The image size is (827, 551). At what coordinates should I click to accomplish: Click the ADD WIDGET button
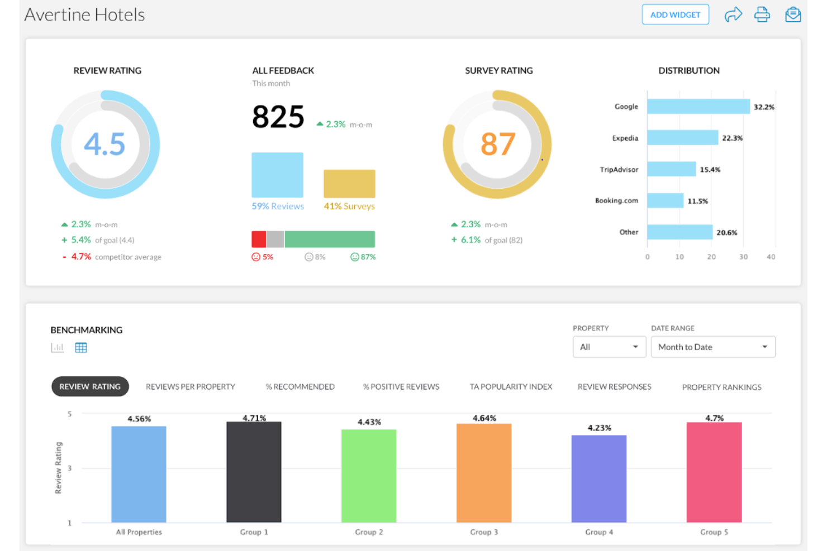tap(675, 15)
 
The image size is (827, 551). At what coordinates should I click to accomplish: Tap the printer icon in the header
tap(762, 15)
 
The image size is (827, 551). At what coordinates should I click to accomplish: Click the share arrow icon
tap(733, 15)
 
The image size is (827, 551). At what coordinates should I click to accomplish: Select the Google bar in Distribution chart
tap(698, 107)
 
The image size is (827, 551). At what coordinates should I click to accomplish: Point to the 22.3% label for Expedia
tap(732, 138)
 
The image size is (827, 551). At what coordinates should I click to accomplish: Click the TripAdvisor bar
tap(671, 169)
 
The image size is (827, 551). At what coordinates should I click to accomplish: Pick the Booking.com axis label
tap(616, 200)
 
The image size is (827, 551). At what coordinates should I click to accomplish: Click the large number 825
tap(278, 117)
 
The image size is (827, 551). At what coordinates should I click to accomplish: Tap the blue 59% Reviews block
tap(277, 175)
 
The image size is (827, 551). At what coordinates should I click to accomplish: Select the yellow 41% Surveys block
tap(349, 184)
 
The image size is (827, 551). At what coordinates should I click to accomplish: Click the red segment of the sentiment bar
tap(259, 239)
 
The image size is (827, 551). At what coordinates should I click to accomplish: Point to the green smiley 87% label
tap(363, 257)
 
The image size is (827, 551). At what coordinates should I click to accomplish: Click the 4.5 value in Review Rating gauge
tap(104, 144)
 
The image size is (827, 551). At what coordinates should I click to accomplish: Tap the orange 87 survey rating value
tap(497, 144)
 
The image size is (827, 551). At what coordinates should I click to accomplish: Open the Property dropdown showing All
tap(609, 347)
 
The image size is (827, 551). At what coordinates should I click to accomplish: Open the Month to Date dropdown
tap(712, 347)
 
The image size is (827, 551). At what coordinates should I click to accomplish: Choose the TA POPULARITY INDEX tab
tap(511, 386)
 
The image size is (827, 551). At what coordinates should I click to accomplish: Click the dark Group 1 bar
tap(254, 472)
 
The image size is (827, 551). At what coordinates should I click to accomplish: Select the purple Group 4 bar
tap(598, 478)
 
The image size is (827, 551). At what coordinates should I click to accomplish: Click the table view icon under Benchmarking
tap(81, 348)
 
